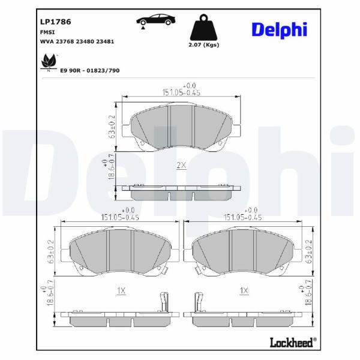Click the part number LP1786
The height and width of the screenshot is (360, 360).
[56, 22]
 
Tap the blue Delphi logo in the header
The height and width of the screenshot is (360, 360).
[279, 30]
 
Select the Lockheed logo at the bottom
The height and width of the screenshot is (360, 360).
[293, 343]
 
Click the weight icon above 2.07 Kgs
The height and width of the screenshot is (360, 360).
[203, 28]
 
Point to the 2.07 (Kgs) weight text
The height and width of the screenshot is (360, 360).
[204, 45]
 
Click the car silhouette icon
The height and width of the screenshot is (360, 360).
[155, 20]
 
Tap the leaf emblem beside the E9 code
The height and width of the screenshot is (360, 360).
[49, 62]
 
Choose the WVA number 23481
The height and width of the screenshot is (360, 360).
[105, 41]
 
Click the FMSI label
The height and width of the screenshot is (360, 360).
[47, 32]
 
